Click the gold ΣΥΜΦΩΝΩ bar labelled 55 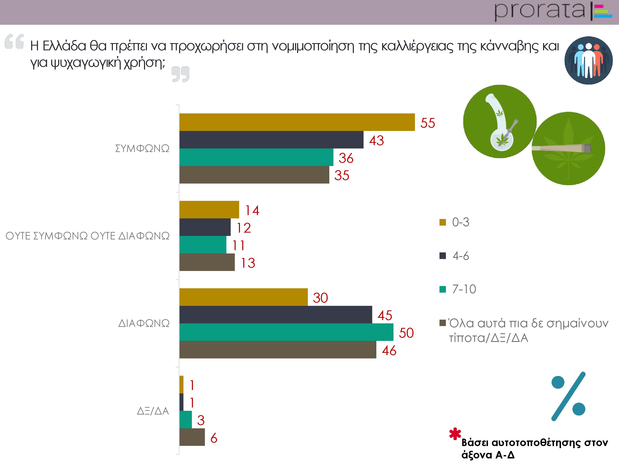tap(297, 122)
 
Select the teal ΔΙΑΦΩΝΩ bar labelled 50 tap(286, 332)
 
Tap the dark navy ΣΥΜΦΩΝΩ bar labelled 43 tap(271, 140)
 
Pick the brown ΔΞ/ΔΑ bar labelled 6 tap(192, 437)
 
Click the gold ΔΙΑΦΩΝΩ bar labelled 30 tap(243, 297)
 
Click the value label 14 tap(252, 210)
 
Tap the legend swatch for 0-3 tap(442, 222)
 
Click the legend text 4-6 tap(461, 256)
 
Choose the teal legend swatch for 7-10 tap(442, 289)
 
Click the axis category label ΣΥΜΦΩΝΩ tap(142, 148)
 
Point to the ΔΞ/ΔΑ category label tap(153, 411)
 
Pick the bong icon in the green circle tap(500, 121)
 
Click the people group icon tap(588, 60)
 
